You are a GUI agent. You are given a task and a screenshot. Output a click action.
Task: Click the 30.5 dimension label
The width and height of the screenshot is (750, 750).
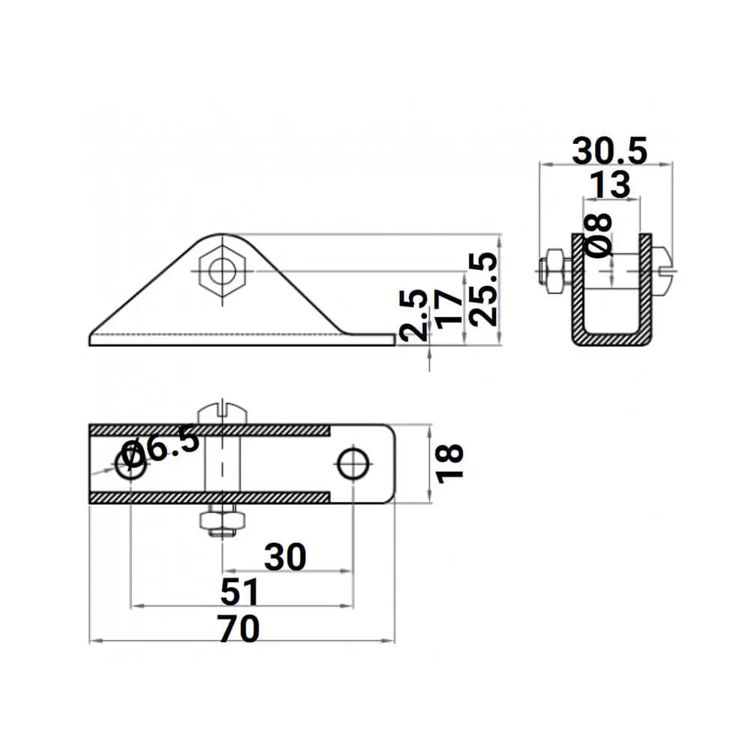[x=609, y=152]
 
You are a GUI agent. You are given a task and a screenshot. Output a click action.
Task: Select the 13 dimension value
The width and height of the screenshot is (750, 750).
[x=610, y=185]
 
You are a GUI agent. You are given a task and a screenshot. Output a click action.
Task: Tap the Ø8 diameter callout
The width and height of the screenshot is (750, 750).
[x=599, y=235]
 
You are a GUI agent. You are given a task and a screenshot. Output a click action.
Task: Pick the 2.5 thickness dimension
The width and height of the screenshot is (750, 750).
[x=414, y=315]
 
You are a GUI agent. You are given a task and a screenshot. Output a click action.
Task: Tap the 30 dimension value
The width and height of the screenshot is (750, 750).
[x=285, y=557]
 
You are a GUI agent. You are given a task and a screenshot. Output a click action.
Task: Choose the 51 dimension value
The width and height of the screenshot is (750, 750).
[x=240, y=592]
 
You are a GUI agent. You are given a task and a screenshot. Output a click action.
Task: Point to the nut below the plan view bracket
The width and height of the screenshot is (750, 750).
[x=222, y=522]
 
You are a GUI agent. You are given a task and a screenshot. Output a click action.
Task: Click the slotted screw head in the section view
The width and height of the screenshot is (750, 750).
[x=663, y=270]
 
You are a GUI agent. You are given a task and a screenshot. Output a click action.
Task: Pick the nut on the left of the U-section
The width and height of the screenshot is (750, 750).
[x=553, y=270]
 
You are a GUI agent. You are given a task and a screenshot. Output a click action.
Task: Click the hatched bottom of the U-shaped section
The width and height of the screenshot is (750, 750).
[x=611, y=339]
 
